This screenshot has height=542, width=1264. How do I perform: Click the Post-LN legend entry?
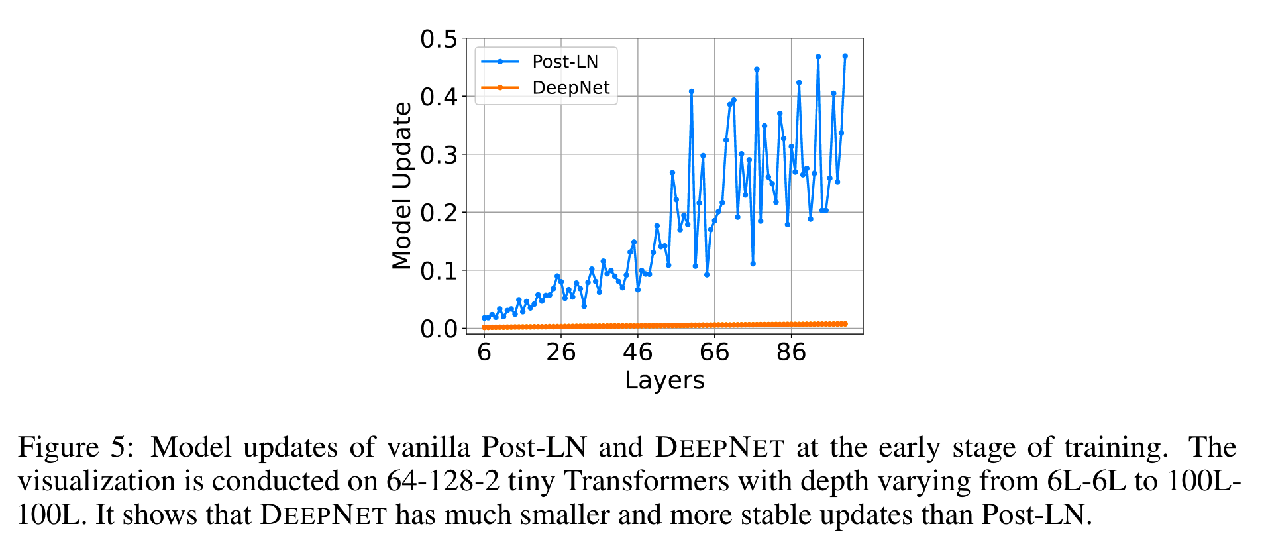point(564,62)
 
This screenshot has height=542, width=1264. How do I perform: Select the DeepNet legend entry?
point(570,87)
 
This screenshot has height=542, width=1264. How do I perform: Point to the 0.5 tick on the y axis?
point(439,39)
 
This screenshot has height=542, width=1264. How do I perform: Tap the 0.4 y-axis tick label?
point(439,97)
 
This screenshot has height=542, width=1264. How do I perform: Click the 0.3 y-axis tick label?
point(439,155)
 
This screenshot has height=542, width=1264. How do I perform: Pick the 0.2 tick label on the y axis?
point(439,213)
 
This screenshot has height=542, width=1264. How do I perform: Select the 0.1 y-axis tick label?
point(439,271)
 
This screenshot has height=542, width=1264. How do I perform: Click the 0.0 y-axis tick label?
point(439,329)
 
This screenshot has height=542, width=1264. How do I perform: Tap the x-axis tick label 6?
point(484,352)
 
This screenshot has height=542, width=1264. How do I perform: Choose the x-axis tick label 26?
point(561,352)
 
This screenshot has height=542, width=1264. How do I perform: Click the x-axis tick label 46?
point(638,352)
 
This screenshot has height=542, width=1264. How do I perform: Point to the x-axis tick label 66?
point(715,352)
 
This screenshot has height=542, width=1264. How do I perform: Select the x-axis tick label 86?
point(791,352)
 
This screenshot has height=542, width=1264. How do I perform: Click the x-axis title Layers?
point(664,380)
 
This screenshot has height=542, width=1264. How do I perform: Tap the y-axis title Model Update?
point(402,186)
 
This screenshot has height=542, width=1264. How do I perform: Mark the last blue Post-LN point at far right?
point(845,56)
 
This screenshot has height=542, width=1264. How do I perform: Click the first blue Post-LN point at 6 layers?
point(484,318)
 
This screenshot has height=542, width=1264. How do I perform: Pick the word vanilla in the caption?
point(429,447)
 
